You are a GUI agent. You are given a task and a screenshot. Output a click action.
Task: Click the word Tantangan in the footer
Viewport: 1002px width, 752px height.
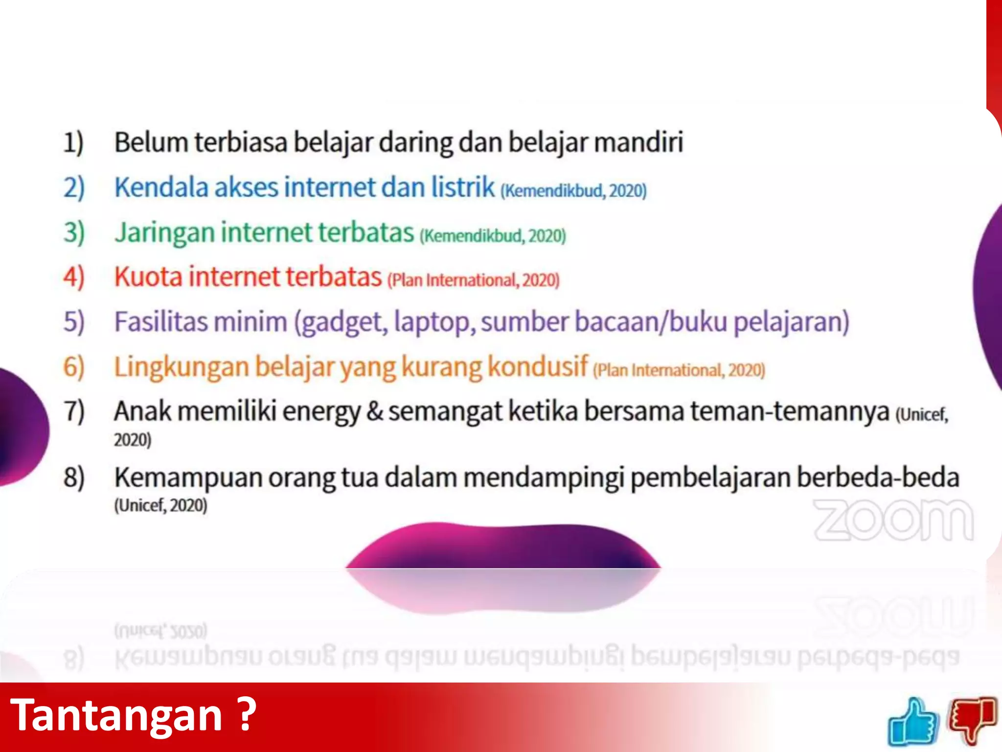116,715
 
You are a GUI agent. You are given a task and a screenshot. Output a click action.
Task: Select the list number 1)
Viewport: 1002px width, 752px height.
73,143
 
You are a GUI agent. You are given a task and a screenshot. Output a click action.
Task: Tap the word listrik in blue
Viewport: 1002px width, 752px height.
463,187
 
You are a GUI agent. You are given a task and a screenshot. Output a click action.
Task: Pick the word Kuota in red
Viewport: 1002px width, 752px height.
148,277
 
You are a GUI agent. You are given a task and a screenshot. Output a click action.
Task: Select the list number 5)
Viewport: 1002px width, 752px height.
74,322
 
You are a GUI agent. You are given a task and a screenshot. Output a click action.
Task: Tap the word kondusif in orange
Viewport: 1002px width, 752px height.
538,366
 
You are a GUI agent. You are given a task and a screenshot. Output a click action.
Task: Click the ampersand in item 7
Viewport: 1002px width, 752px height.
375,411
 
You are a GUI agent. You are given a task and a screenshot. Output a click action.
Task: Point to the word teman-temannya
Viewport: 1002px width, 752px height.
790,411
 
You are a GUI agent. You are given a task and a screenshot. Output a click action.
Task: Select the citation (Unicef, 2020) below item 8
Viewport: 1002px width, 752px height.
160,505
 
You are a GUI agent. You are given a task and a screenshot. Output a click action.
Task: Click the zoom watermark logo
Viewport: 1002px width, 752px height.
893,520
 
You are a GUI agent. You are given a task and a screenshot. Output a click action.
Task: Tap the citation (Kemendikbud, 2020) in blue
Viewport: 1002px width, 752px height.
573,190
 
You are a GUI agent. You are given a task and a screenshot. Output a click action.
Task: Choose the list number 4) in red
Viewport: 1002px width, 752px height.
74,277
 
